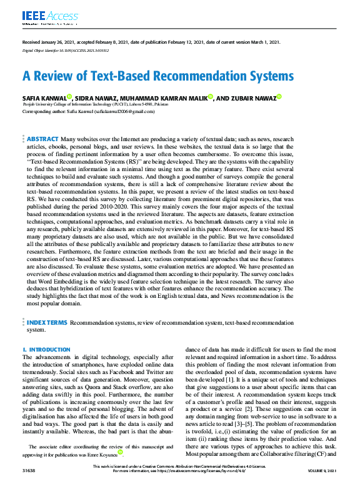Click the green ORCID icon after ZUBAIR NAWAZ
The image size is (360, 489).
(x=279, y=96)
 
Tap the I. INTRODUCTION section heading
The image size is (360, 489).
(x=46, y=350)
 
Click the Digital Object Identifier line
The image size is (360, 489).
(x=65, y=50)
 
